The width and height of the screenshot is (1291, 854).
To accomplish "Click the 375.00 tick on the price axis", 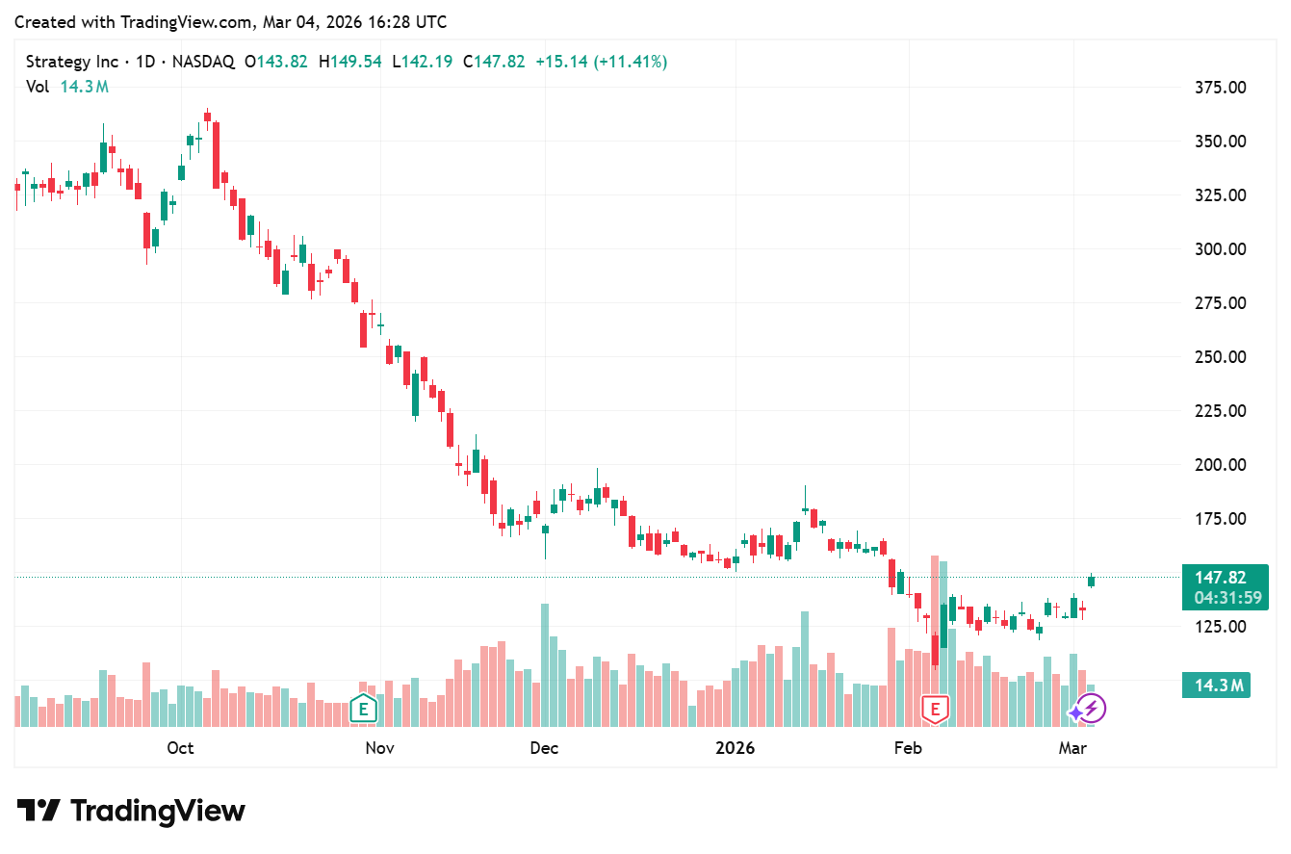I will click(1221, 88).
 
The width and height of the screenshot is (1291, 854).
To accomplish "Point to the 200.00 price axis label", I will click(1221, 465).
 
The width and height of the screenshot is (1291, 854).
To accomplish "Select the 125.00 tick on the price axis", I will click(1221, 627).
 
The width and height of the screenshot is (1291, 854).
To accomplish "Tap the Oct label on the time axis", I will click(180, 748).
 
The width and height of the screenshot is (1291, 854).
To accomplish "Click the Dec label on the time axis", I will click(544, 748).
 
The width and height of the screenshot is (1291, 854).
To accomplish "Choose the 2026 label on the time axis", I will click(735, 748).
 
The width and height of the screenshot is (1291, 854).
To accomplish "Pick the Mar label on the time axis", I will click(1072, 748).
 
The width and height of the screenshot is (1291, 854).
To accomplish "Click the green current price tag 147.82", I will click(1221, 578).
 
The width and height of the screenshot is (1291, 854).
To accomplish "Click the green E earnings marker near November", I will click(363, 710).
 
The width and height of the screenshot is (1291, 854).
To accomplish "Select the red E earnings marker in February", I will click(935, 710).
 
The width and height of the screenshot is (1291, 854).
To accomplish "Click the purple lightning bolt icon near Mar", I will click(1091, 710).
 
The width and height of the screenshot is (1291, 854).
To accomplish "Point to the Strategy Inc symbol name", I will click(72, 62).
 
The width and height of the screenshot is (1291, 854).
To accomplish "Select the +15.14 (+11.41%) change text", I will click(601, 62).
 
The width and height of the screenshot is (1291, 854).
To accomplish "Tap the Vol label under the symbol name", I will click(38, 87).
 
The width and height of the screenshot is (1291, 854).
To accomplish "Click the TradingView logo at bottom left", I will click(131, 811).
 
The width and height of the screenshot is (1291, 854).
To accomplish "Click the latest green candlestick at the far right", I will click(1092, 580).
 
